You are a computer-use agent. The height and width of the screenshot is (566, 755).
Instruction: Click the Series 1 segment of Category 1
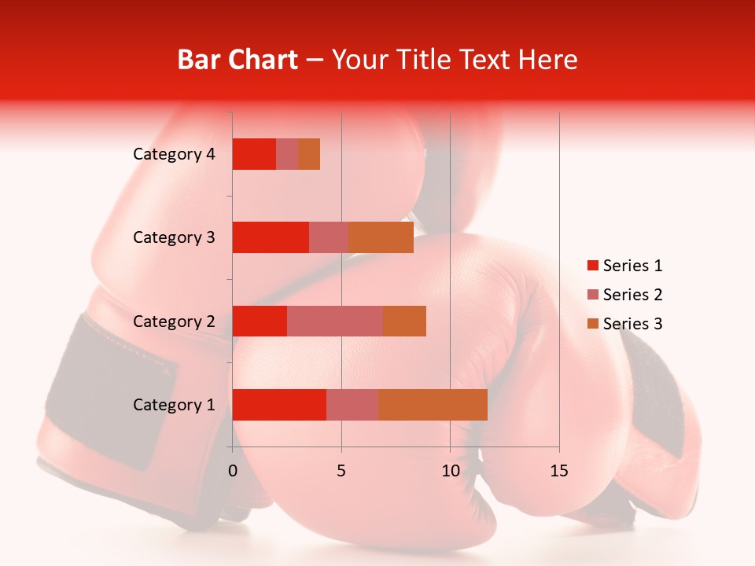279,405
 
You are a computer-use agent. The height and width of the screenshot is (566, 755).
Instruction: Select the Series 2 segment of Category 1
352,405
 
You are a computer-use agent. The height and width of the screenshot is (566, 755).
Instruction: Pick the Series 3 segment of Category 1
433,405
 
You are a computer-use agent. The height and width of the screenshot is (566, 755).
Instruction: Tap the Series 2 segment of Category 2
335,321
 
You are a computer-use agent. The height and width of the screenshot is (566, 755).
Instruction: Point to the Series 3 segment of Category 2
404,321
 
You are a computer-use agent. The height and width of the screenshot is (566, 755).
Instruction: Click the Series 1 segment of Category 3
271,237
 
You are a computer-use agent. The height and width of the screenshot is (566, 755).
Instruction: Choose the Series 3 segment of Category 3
381,237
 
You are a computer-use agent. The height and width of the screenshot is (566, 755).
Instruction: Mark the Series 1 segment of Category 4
254,154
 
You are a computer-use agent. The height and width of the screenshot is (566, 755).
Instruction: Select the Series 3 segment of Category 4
309,154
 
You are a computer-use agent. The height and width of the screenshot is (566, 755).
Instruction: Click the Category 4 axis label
174,154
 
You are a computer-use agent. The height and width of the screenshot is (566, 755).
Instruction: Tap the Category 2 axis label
174,321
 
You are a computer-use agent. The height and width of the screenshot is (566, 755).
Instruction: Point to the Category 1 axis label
174,405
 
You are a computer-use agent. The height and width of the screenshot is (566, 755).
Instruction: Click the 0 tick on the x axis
233,471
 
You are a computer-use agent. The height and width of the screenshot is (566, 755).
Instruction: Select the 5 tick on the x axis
341,471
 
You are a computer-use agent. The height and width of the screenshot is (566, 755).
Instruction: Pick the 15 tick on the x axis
559,471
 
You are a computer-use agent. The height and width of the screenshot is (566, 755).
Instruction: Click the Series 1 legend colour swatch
592,266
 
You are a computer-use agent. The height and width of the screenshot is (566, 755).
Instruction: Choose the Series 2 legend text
632,295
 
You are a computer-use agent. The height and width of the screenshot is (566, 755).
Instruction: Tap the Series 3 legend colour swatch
592,324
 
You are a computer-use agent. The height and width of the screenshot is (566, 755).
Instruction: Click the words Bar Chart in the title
238,60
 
